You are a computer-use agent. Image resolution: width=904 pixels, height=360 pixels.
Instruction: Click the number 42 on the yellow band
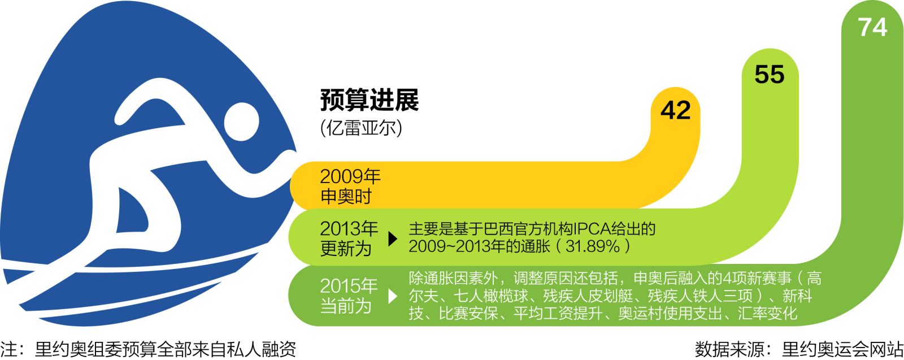coord(676,110)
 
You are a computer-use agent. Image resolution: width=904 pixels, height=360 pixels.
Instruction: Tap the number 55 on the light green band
coord(769,74)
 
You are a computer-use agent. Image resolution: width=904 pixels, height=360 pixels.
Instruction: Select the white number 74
coord(872,28)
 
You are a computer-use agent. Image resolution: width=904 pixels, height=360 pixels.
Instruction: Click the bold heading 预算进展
coord(370,99)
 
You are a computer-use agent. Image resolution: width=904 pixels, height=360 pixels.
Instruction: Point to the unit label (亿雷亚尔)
coord(361,128)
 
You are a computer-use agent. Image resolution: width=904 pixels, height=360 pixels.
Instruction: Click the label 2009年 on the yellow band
coord(350,176)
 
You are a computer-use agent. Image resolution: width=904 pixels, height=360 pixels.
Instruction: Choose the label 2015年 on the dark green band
coord(349,286)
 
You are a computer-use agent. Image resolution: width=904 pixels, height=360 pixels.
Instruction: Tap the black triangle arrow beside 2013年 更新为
coord(393,239)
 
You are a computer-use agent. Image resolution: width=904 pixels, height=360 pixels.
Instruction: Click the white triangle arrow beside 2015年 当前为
coord(393,296)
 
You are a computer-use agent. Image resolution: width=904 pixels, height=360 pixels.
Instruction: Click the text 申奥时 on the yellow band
coord(346,197)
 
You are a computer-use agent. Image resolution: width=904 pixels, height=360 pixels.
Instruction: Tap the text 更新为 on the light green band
coord(346,248)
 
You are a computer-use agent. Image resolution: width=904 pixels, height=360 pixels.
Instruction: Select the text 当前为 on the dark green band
coord(346,306)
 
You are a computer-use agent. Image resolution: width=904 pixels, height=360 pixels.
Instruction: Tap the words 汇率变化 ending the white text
coord(768,314)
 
